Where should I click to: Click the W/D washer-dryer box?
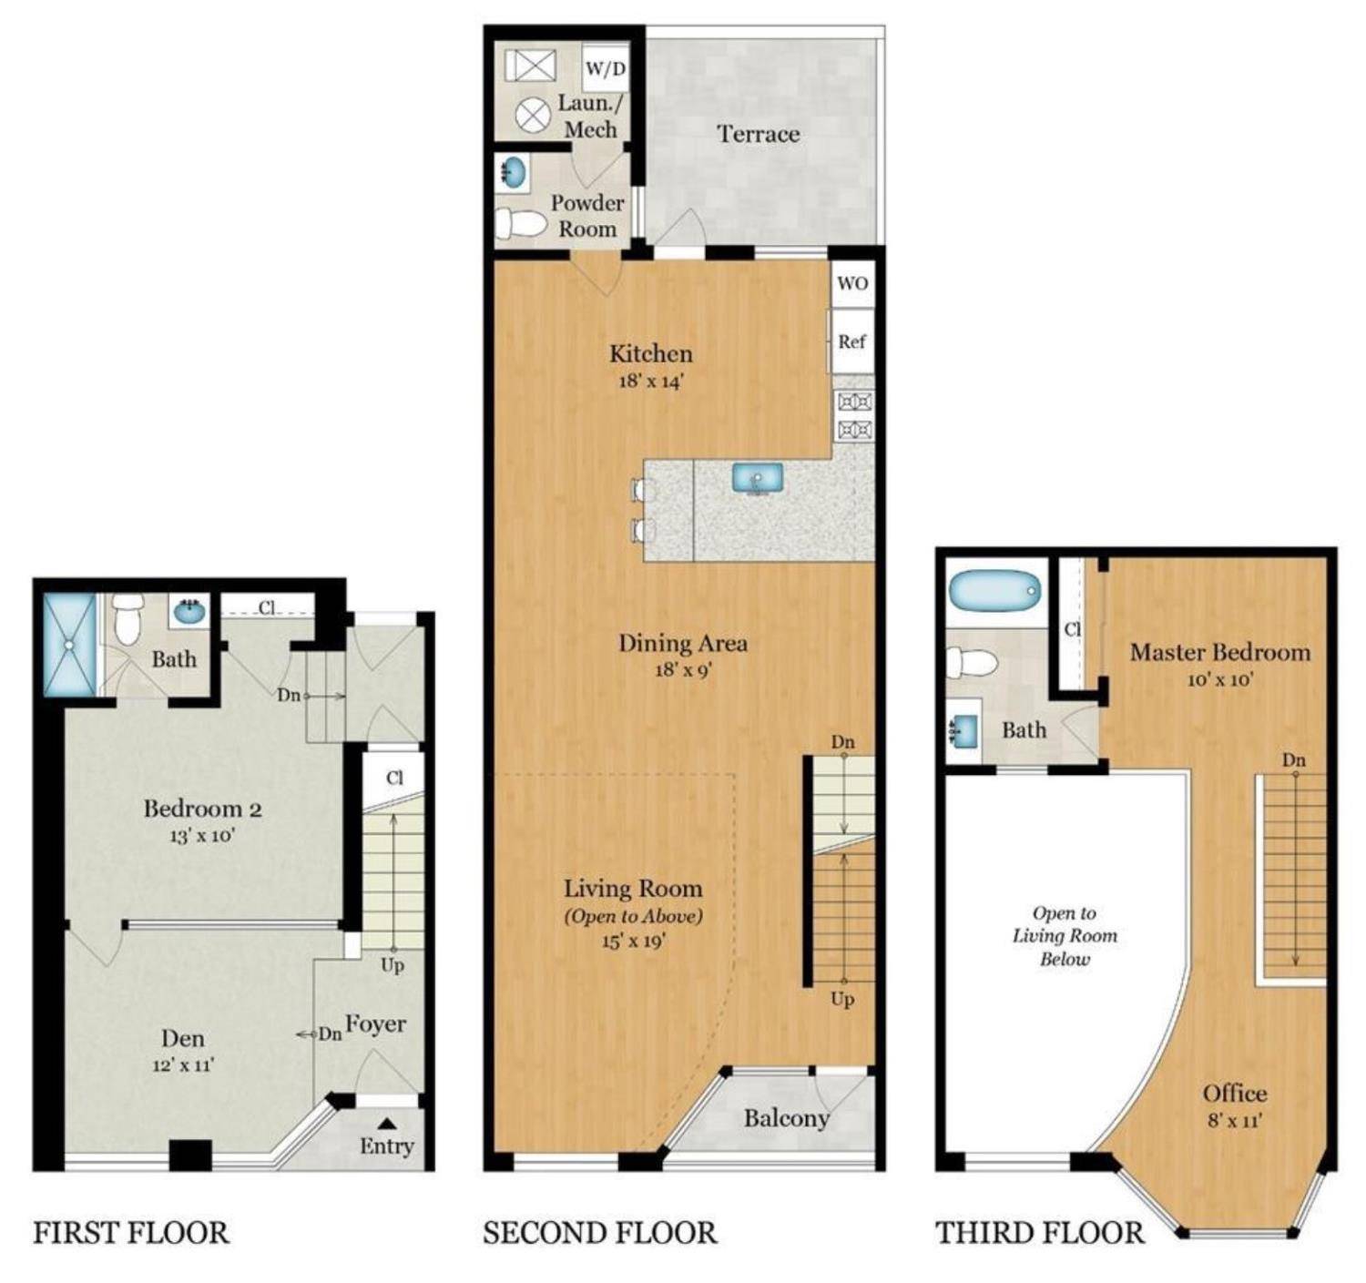pyautogui.click(x=606, y=68)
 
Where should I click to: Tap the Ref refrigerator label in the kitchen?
pyautogui.click(x=851, y=341)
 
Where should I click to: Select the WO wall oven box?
pyautogui.click(x=852, y=283)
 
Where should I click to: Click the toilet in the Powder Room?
pyautogui.click(x=520, y=221)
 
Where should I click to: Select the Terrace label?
pyautogui.click(x=758, y=134)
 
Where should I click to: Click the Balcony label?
pyautogui.click(x=786, y=1117)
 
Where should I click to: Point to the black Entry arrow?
pyautogui.click(x=386, y=1124)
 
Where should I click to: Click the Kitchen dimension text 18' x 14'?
pyautogui.click(x=650, y=381)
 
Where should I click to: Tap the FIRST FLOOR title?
pyautogui.click(x=131, y=1233)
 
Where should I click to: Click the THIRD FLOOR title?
pyautogui.click(x=1039, y=1233)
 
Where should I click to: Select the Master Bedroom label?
pyautogui.click(x=1219, y=652)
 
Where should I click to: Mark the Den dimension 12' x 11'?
pyautogui.click(x=183, y=1064)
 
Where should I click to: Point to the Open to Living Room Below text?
pyautogui.click(x=1065, y=935)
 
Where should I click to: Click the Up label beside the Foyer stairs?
pyautogui.click(x=392, y=964)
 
